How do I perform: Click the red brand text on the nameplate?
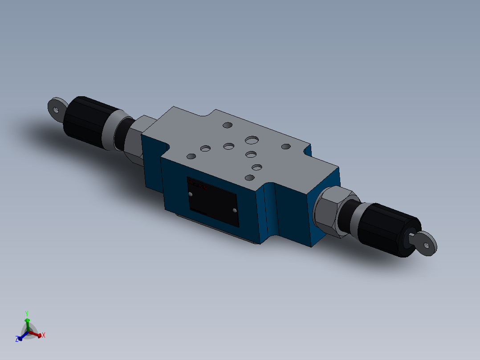197,184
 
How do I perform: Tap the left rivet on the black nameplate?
191,195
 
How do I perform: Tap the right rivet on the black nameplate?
235,210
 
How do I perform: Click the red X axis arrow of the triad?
41,335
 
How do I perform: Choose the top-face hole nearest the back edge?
227,125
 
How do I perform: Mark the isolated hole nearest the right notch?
285,146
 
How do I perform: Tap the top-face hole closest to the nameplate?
250,178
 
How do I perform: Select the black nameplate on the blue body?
212,201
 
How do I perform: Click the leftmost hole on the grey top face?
191,156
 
